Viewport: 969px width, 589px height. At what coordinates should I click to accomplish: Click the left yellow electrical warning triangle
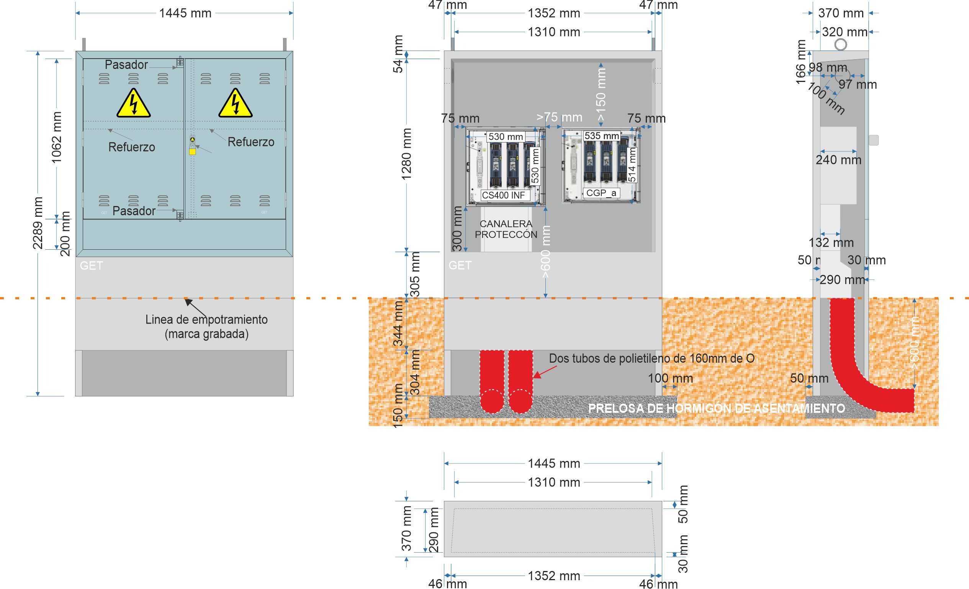coord(133,104)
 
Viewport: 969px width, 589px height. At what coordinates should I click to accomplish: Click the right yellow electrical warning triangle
coord(235,104)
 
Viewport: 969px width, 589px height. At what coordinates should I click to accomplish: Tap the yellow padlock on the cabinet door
coord(192,151)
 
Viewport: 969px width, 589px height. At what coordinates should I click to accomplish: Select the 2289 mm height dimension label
coord(38,223)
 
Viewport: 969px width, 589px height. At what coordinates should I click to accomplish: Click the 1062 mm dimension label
coord(57,137)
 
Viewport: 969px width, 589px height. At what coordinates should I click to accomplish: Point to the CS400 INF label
coord(503,195)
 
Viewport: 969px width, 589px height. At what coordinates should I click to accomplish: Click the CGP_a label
coord(601,193)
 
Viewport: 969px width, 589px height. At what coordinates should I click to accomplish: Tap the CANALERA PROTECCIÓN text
coord(506,229)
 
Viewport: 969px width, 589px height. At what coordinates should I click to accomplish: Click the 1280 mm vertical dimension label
coord(406,154)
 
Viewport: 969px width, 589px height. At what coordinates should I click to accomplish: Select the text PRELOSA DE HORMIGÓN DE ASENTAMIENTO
coord(716,408)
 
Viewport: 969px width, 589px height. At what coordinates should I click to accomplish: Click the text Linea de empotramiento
coord(206,319)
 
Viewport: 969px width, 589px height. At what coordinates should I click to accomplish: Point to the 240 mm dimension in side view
coord(838,160)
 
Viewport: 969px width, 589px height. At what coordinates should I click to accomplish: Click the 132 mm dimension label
coord(831,242)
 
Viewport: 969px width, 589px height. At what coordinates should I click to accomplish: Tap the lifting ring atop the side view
coord(841,44)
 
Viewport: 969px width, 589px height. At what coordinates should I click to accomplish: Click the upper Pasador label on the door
coord(126,64)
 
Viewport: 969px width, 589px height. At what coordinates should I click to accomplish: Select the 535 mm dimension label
coord(602,136)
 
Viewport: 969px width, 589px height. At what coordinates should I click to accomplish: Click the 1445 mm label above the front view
coord(185,13)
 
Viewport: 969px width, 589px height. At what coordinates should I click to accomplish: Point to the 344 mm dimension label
coord(398,324)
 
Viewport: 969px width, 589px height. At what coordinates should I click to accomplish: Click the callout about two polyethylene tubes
coord(651,358)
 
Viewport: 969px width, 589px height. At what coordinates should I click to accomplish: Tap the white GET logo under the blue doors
coord(91,265)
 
